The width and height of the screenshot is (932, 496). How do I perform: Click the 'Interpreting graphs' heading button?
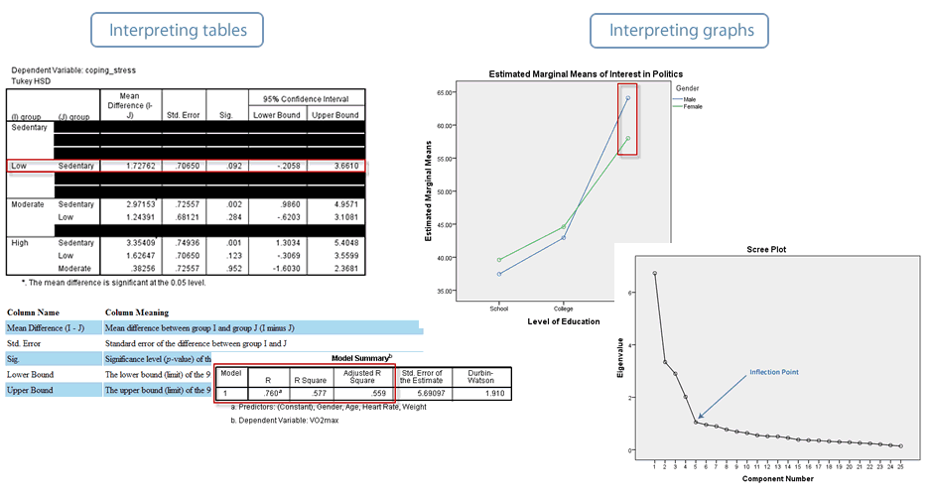click(682, 31)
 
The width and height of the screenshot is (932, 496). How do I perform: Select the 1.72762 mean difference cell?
click(130, 166)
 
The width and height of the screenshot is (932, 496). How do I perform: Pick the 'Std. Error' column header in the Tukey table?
click(185, 115)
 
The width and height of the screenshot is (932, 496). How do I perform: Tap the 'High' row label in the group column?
click(20, 241)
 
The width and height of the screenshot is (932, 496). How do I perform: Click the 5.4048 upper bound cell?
click(334, 241)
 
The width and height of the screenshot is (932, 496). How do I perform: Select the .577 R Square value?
click(305, 392)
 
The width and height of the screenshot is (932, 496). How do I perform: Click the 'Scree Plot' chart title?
click(765, 250)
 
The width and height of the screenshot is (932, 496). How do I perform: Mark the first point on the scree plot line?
click(654, 274)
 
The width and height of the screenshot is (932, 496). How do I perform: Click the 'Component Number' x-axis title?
click(778, 478)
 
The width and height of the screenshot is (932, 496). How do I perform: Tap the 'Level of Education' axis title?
click(563, 320)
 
